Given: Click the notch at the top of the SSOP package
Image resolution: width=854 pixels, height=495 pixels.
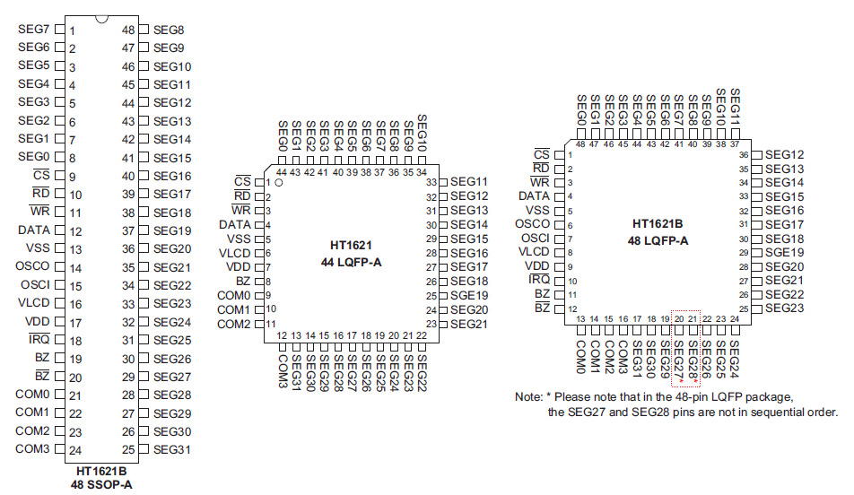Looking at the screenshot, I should pyautogui.click(x=101, y=19).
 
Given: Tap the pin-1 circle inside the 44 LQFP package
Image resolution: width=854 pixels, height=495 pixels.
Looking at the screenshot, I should pyautogui.click(x=279, y=183).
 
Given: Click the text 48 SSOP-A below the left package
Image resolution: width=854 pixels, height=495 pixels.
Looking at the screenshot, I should pyautogui.click(x=100, y=484).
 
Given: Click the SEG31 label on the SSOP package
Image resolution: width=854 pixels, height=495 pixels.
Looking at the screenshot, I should pyautogui.click(x=172, y=449).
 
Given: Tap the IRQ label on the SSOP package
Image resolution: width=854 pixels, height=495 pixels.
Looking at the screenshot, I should pyautogui.click(x=39, y=340).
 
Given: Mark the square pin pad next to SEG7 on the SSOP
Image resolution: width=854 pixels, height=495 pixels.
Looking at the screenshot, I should pyautogui.click(x=60, y=30).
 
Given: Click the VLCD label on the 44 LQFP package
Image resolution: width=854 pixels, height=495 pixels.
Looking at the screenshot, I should pyautogui.click(x=234, y=253).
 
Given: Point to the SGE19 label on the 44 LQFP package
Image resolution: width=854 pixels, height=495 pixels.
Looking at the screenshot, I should pyautogui.click(x=469, y=295).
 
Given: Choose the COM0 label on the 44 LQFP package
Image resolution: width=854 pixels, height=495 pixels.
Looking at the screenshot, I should pyautogui.click(x=233, y=295).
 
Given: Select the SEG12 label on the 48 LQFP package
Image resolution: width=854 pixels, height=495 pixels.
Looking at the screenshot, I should pyautogui.click(x=784, y=154).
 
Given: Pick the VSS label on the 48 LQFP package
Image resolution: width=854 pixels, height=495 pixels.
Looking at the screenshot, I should pyautogui.click(x=536, y=209).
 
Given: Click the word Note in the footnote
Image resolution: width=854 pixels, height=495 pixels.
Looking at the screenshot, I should pyautogui.click(x=528, y=396).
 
